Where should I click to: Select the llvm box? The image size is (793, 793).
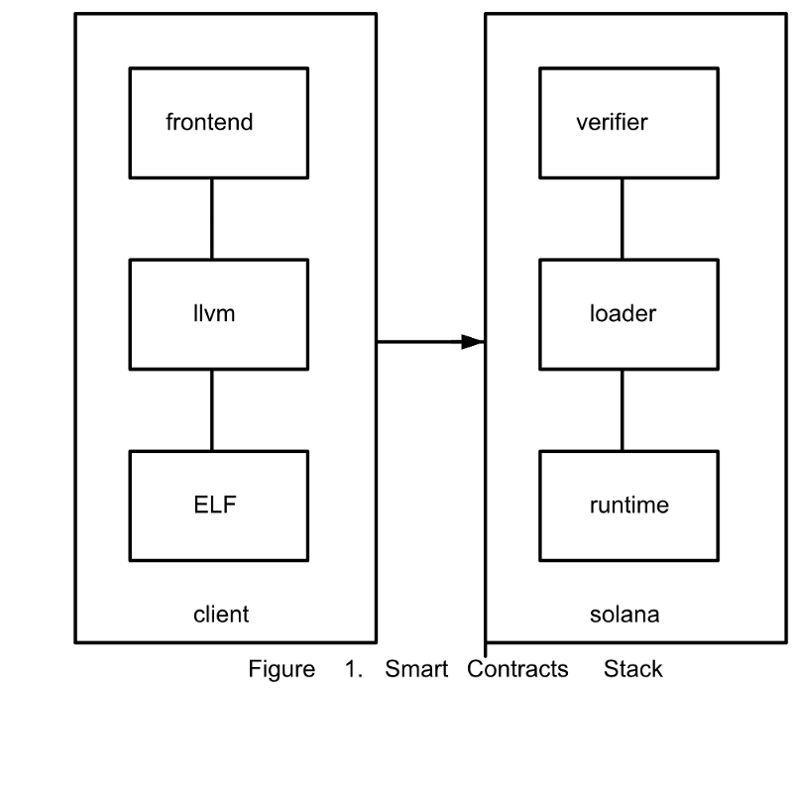(211, 314)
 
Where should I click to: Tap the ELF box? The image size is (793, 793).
(211, 505)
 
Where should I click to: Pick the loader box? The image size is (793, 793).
(622, 314)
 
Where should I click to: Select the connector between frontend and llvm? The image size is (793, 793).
(211, 218)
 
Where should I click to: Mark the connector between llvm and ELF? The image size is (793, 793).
(211, 409)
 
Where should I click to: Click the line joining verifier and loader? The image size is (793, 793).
(622, 218)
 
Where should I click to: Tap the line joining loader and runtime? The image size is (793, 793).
(622, 409)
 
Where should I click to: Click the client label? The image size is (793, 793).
(220, 615)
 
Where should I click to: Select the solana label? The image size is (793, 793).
(624, 615)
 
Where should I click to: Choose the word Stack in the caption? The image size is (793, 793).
(632, 669)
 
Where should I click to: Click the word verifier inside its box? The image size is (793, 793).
(612, 124)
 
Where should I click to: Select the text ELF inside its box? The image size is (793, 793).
(217, 505)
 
